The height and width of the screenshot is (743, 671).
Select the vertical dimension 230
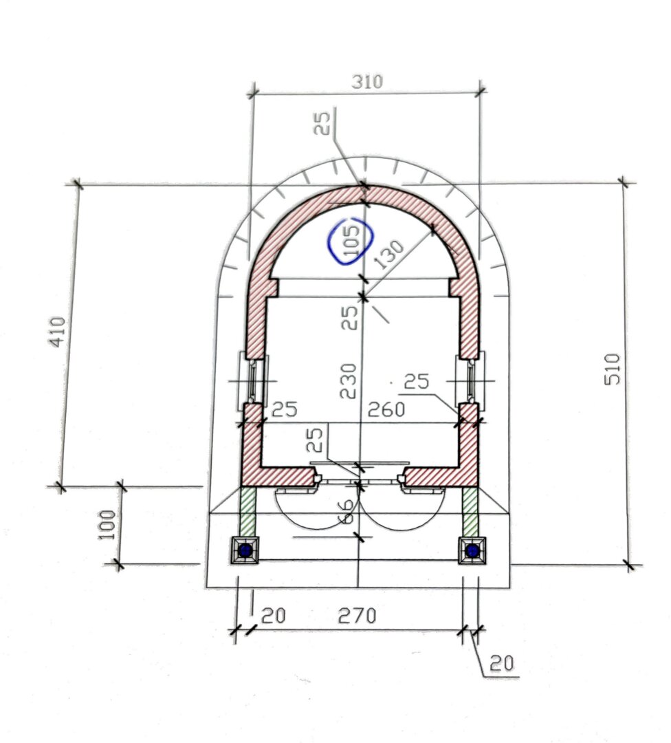pyautogui.click(x=349, y=380)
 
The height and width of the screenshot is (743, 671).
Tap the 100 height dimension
pyautogui.click(x=107, y=524)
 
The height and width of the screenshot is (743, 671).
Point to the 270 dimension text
pyautogui.click(x=356, y=616)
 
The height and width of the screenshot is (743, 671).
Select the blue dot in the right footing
pyautogui.click(x=472, y=550)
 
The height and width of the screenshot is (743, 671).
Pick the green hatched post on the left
pyautogui.click(x=248, y=511)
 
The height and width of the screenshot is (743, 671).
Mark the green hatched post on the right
pyautogui.click(x=470, y=511)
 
